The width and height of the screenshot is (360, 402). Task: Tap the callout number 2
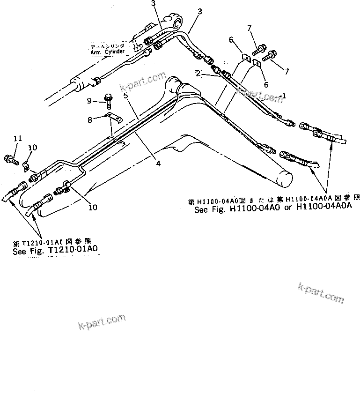198,73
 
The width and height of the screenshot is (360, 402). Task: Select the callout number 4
159,164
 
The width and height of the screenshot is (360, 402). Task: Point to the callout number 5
125,96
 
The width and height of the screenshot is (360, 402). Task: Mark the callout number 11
18,138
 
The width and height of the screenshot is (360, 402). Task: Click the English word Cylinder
115,52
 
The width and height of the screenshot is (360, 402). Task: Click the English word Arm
95,52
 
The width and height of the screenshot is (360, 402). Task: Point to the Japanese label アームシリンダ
108,47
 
